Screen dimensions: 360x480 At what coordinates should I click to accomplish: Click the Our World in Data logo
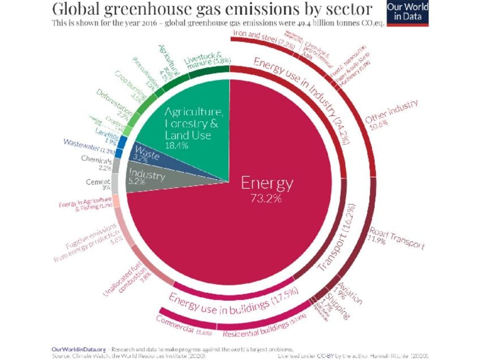[407, 12]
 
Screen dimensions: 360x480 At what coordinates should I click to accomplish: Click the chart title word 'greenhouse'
[162, 10]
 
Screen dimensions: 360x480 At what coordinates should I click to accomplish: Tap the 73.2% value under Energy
[267, 199]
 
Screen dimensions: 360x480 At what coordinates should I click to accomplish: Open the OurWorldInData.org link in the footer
[79, 349]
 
